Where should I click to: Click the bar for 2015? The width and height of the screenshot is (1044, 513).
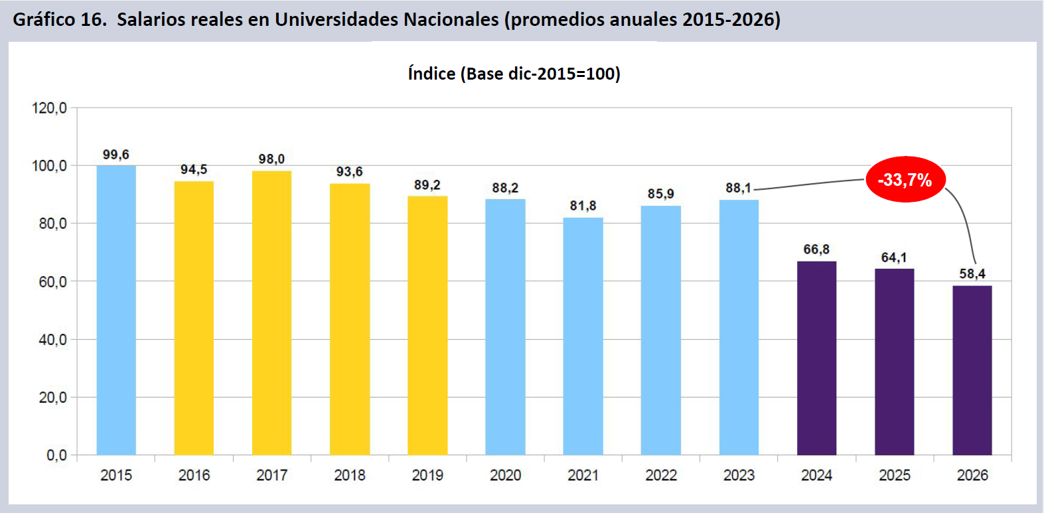pos(116,310)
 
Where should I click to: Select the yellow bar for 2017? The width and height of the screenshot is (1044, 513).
pos(271,313)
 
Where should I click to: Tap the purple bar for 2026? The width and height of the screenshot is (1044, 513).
pos(972,370)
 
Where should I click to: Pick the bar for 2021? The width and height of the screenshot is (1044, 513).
pos(583,336)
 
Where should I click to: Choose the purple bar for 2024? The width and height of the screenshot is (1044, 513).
pos(816,358)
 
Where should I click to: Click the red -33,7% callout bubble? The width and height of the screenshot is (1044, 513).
pos(905,179)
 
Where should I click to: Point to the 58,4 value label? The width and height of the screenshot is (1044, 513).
pos(972,273)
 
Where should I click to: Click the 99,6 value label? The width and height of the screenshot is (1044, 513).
pos(115,155)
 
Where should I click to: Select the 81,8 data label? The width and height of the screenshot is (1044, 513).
pos(583,206)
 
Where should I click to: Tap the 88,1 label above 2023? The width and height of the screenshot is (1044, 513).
pos(738,188)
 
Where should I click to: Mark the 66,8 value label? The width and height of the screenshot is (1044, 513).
pos(816,250)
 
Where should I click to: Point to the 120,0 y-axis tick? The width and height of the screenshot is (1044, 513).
pos(49,108)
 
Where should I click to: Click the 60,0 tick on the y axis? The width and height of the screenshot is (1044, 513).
pos(52,281)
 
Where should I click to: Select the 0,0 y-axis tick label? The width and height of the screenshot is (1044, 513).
pos(56,455)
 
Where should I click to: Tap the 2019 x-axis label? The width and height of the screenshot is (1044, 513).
pos(427,475)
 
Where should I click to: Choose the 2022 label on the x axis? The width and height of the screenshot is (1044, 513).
pos(661,475)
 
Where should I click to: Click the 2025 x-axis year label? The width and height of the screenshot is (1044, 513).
pos(894,475)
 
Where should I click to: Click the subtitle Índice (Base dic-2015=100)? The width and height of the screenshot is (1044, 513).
pos(514,74)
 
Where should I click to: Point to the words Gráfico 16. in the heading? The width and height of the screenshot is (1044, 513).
pos(59,19)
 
